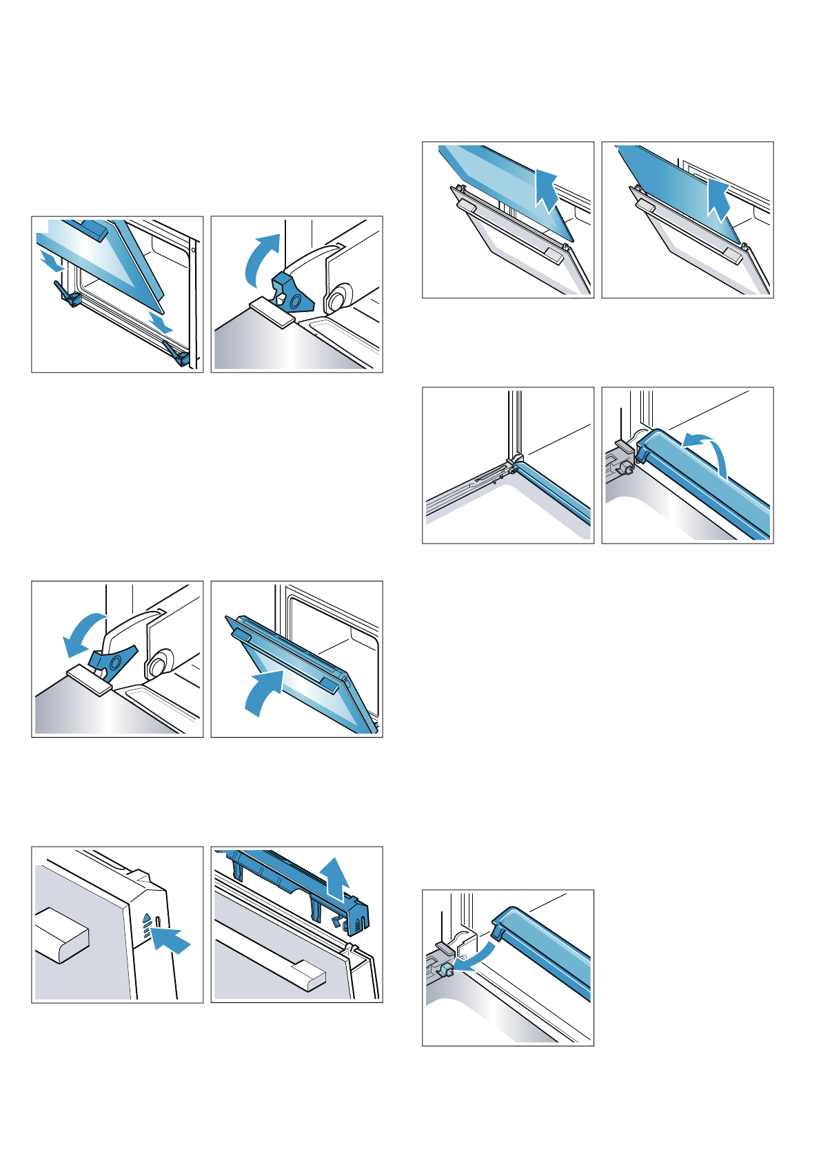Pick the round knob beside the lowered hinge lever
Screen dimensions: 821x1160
158,665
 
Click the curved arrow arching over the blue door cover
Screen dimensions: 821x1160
708,451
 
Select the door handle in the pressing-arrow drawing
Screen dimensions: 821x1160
61,935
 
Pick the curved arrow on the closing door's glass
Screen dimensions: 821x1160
265,692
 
